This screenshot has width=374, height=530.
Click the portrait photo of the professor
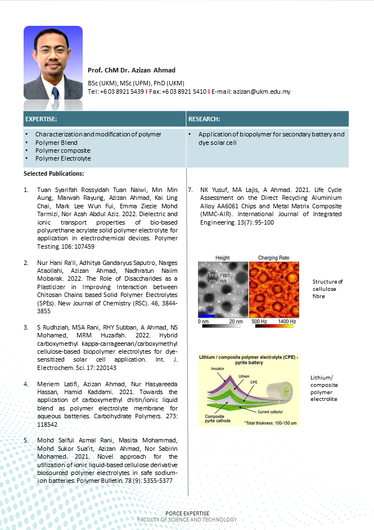coord(53,62)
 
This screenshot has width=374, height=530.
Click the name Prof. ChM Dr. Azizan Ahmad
coord(132,70)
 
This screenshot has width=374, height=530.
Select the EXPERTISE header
coord(41,119)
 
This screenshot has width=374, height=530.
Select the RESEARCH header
coord(204,119)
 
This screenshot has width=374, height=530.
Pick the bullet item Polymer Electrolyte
coord(63,158)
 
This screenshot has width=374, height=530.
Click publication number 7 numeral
coord(190,190)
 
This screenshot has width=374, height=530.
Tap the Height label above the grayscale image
coord(222,258)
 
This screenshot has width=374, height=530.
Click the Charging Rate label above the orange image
coord(273,258)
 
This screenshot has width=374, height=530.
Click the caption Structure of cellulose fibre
coord(327,289)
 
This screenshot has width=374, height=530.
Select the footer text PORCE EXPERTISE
coord(187,514)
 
